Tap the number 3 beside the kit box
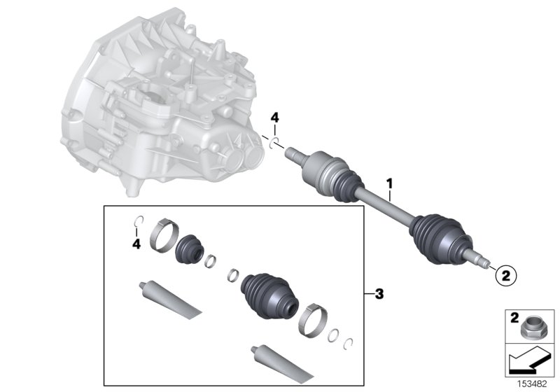pos(379,294)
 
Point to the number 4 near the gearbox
pos(275,120)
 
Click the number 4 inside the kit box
pos(138,244)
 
